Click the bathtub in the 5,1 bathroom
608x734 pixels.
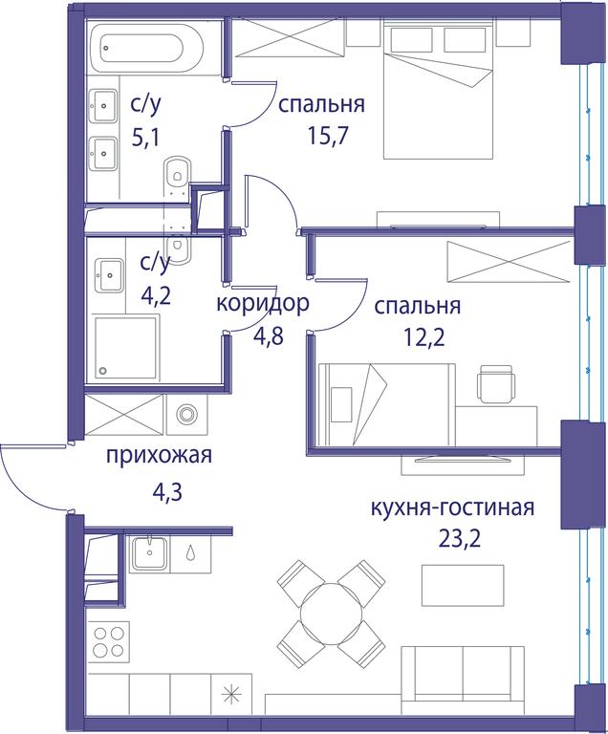(145, 49)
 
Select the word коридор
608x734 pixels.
(263, 303)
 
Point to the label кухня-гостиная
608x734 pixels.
(452, 507)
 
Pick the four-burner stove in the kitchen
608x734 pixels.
(107, 642)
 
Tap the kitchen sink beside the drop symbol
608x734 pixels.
(149, 553)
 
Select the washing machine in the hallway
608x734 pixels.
(187, 414)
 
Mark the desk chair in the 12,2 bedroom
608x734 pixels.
(497, 383)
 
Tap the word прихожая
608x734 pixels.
(160, 455)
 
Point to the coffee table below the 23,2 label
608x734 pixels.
(463, 585)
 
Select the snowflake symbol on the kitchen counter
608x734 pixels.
(231, 694)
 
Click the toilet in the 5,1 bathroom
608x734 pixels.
(177, 177)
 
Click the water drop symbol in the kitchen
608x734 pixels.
(190, 552)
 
